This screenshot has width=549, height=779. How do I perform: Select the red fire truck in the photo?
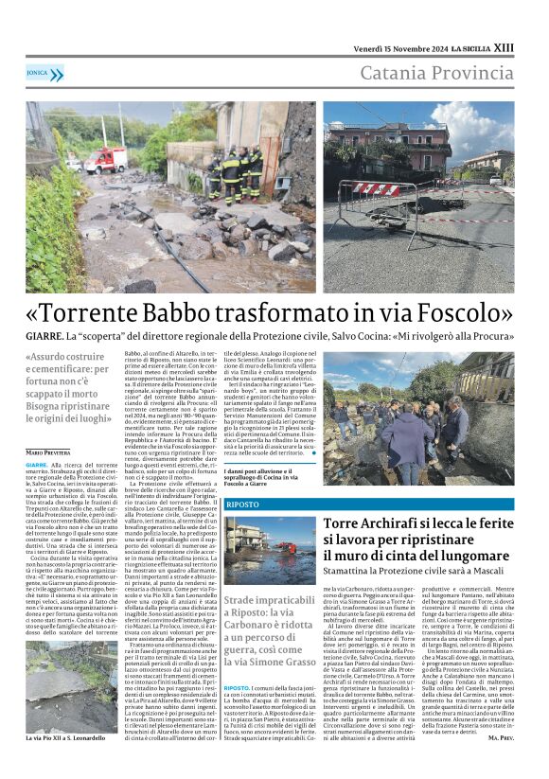pyautogui.click(x=105, y=157)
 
